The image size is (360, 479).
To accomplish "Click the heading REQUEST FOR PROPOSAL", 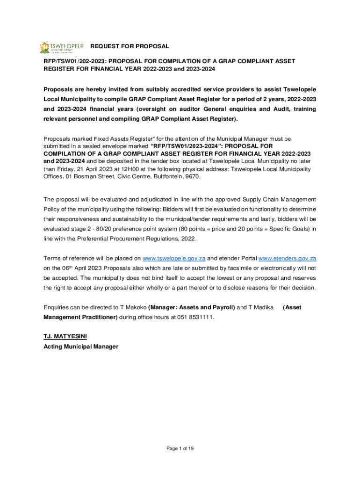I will coord(130,46).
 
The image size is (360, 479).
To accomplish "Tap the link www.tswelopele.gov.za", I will coord(174,258).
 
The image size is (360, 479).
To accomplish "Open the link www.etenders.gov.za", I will coord(288,258).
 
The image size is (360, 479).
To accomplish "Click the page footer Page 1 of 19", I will coord(180,449).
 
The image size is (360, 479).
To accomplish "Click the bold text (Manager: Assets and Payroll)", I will coord(191,307).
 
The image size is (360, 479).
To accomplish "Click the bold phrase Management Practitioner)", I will coord(80,317).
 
